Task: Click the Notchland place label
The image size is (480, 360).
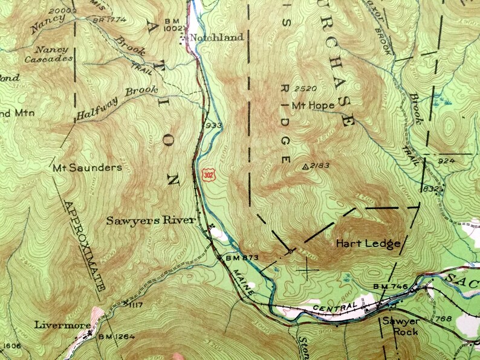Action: click(216, 37)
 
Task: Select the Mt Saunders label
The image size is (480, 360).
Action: click(87, 167)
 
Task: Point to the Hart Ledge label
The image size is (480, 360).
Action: click(369, 244)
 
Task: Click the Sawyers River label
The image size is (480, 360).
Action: click(151, 220)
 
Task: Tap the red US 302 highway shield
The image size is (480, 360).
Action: click(207, 174)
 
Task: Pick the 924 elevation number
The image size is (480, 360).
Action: click(447, 161)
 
